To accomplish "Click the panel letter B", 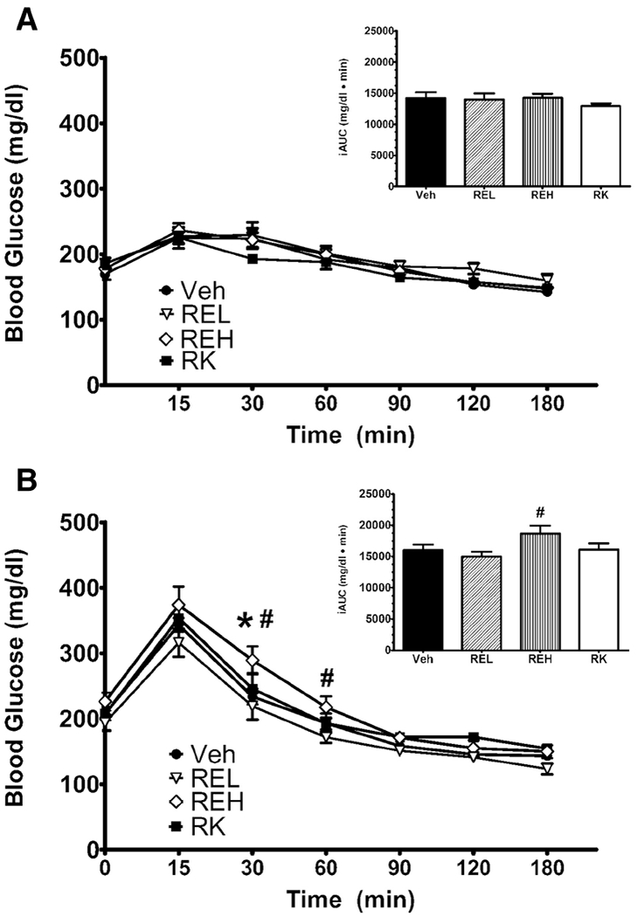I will (28, 480).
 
